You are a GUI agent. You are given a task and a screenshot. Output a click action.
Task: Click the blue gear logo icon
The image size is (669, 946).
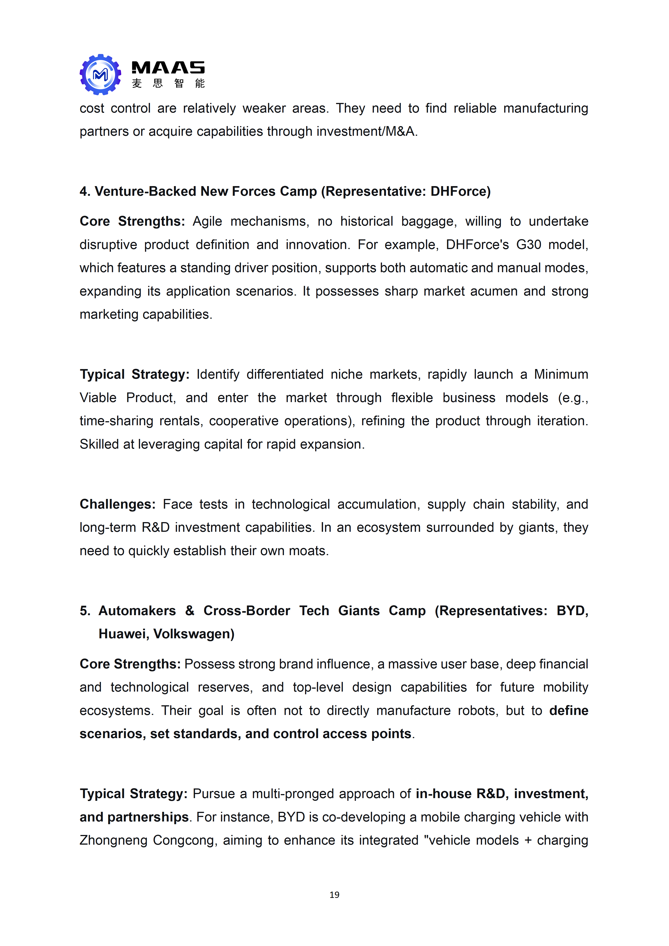click(x=100, y=75)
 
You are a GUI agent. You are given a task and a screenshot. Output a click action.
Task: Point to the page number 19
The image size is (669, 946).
click(x=334, y=895)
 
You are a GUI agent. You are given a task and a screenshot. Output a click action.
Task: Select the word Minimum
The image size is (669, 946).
click(x=561, y=374)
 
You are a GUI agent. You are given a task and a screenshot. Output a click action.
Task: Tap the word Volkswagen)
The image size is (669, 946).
click(x=194, y=634)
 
